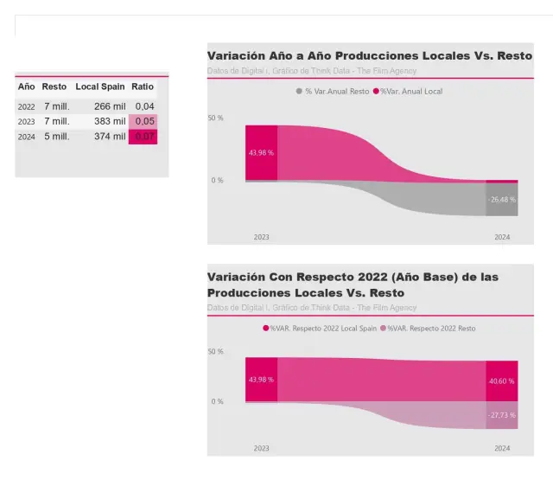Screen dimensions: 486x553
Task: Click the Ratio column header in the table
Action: coord(143,86)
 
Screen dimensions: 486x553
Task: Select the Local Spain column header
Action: coord(100,86)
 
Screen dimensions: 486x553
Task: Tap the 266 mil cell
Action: coord(110,106)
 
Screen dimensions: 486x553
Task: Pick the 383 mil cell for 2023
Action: coord(110,121)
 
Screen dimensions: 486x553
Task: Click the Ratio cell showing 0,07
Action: coord(143,137)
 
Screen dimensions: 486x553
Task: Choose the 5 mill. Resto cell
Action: coord(56,137)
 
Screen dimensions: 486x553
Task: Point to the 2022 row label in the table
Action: coord(27,106)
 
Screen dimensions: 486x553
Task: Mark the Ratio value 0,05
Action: coord(143,121)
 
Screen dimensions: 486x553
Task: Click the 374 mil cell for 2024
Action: coord(110,137)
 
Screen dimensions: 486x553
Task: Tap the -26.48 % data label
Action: coord(501,199)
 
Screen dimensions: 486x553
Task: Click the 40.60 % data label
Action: coord(501,380)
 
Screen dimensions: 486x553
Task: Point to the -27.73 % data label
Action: coord(501,416)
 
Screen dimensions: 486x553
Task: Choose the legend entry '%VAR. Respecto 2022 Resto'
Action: coord(431,329)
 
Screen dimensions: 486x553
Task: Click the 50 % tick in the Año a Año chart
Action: coord(215,118)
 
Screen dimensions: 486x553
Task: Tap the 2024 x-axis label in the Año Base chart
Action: coord(502,448)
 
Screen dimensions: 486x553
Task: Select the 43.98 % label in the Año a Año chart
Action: coord(261,152)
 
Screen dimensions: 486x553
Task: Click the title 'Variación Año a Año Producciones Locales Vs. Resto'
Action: coord(369,56)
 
